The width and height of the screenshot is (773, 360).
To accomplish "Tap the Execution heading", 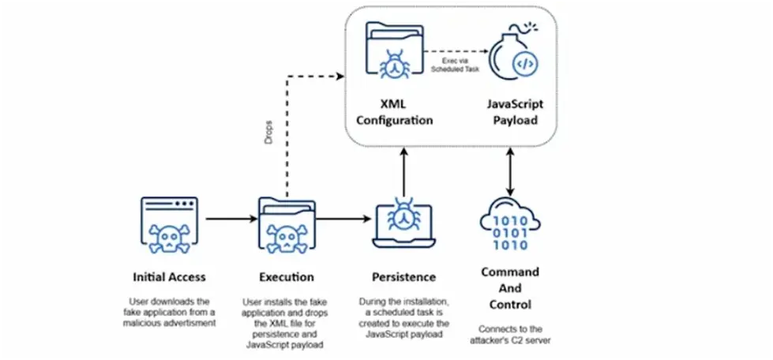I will [286, 277].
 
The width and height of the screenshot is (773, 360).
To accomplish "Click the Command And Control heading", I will [510, 287].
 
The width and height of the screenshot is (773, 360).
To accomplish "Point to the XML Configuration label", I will [394, 113].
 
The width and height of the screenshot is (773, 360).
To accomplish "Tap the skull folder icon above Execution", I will [286, 224].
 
